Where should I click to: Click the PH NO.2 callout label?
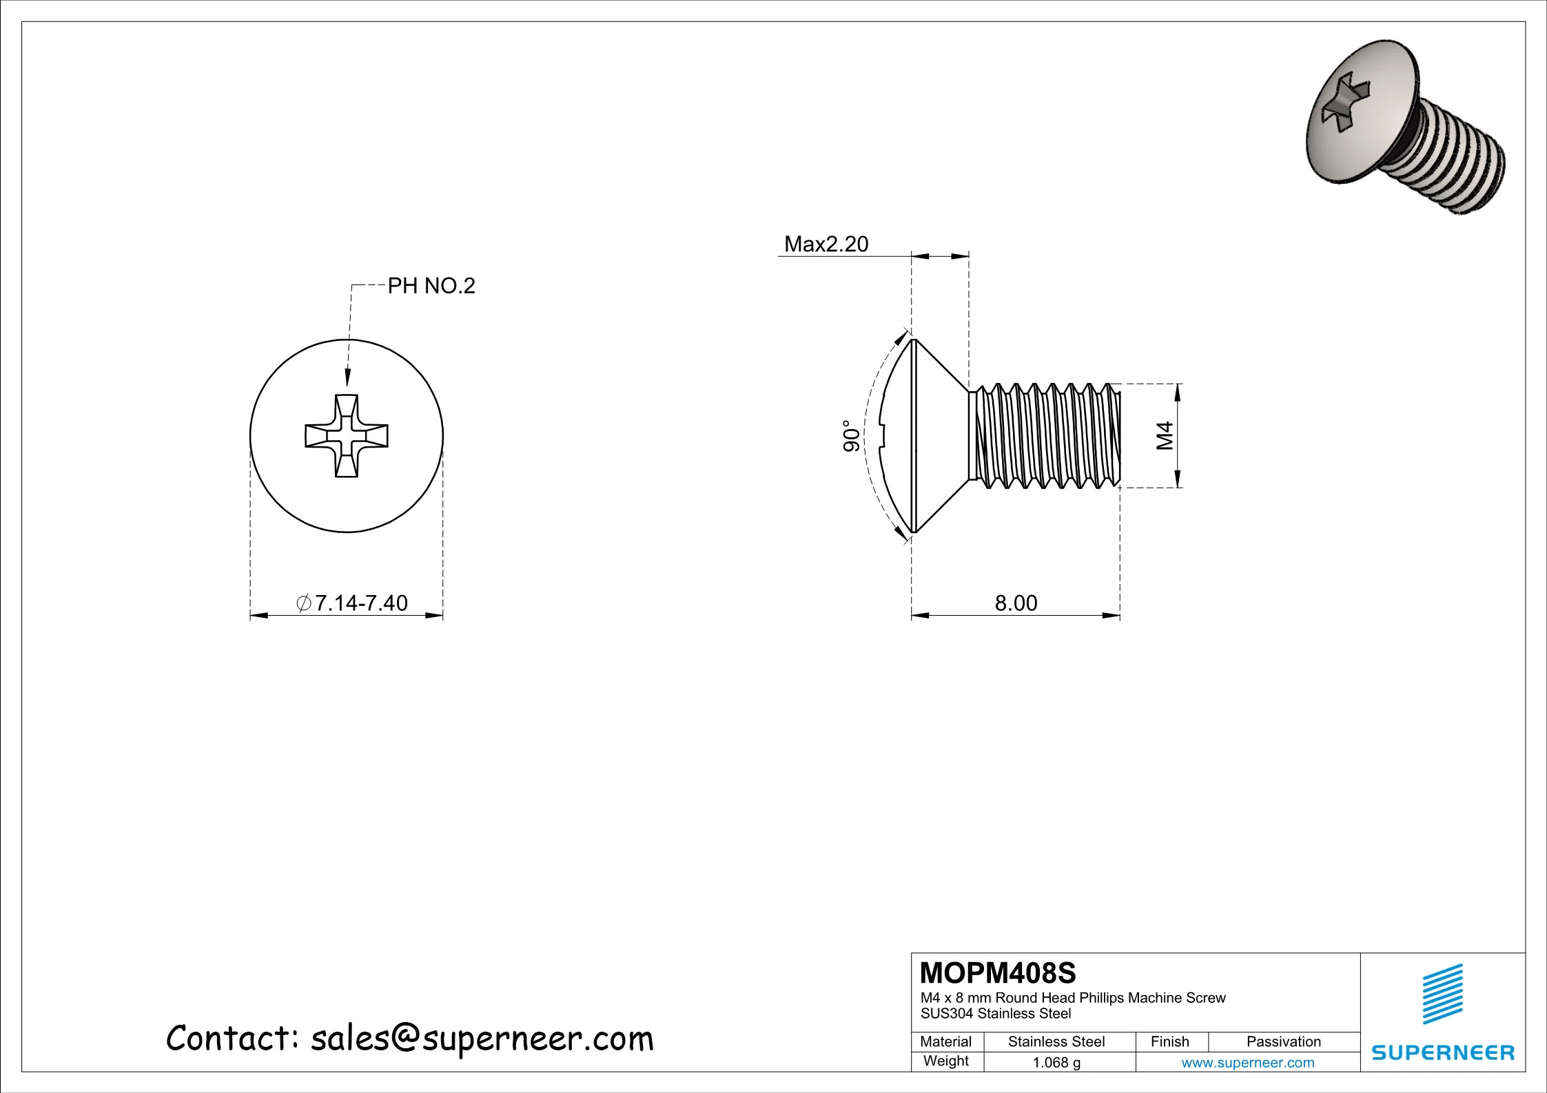click(x=431, y=286)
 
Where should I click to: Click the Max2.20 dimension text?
click(x=826, y=244)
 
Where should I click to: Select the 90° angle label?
click(x=852, y=436)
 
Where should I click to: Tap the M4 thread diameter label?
click(x=1165, y=436)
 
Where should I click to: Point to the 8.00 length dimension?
click(x=1016, y=603)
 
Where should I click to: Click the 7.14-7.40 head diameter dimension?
click(x=353, y=603)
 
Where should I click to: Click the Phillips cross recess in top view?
click(x=347, y=436)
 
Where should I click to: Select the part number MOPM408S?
click(x=997, y=973)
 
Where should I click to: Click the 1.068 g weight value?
click(x=1056, y=1063)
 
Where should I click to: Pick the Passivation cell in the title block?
click(x=1283, y=1042)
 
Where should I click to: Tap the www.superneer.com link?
click(x=1247, y=1063)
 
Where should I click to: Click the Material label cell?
click(x=945, y=1042)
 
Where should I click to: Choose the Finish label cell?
click(x=1169, y=1042)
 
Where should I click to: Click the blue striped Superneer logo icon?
click(x=1442, y=994)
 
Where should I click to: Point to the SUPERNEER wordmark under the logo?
click(x=1442, y=1052)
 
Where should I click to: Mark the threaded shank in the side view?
click(x=1047, y=436)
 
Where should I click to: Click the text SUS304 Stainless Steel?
click(x=996, y=1014)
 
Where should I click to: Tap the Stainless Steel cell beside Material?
click(x=1056, y=1042)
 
